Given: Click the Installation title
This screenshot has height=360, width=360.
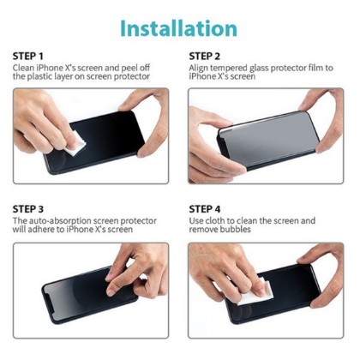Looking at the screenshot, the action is (x=178, y=28).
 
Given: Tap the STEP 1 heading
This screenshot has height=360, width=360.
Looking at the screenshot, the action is (x=27, y=57).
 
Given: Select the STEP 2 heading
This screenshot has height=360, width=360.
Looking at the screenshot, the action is (x=204, y=57).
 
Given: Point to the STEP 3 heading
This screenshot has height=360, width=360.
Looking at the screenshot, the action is (x=27, y=209).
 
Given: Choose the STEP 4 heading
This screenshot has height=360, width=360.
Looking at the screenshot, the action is (x=205, y=209).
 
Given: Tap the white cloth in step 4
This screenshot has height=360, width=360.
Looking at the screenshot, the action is (x=255, y=293).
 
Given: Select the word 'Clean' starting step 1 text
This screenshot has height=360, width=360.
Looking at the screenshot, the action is (x=23, y=68).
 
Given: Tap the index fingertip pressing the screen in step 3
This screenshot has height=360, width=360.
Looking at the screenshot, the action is (x=111, y=291).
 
